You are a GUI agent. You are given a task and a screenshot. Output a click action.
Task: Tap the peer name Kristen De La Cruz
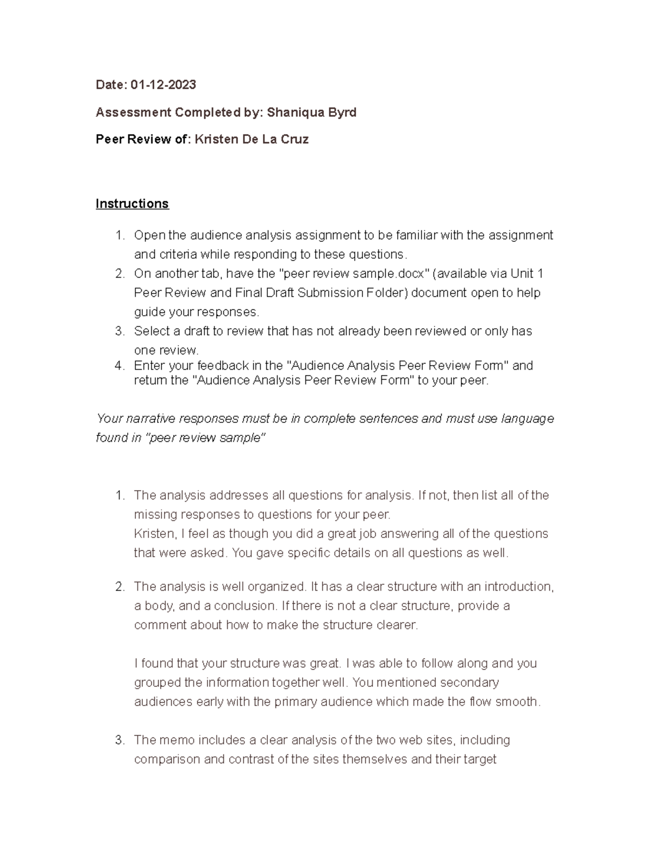pyautogui.click(x=252, y=140)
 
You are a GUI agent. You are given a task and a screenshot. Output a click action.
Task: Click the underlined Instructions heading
pyautogui.click(x=132, y=204)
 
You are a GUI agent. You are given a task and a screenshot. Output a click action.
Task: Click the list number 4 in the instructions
pyautogui.click(x=119, y=366)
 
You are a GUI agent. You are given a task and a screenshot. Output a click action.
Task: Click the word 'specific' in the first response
pyautogui.click(x=308, y=553)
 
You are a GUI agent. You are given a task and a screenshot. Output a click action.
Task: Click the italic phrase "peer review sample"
pyautogui.click(x=206, y=438)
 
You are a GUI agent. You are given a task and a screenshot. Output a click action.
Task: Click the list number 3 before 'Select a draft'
pyautogui.click(x=119, y=332)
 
